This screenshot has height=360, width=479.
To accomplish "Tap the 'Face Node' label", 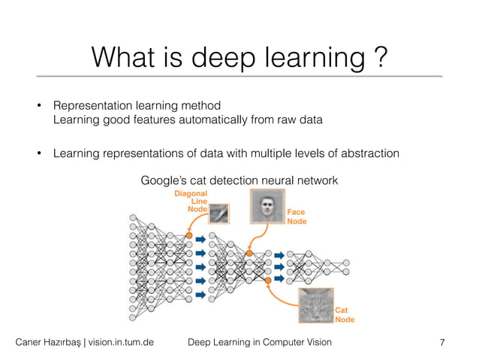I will [x=297, y=217].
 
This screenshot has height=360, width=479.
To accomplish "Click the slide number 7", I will [x=442, y=343].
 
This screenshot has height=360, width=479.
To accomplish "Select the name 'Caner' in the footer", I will [x=32, y=343].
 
